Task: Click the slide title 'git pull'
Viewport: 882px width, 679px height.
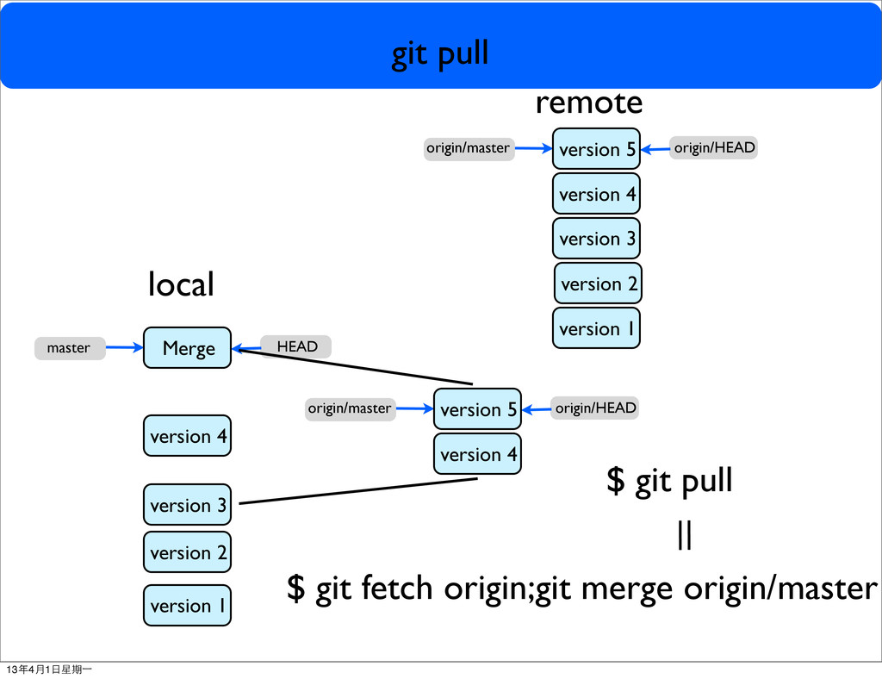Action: point(440,54)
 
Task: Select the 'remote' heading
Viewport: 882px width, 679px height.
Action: point(589,103)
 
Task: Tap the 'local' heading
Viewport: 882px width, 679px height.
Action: point(181,283)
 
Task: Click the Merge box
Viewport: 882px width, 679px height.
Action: point(188,348)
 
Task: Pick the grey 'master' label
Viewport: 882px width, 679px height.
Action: point(69,348)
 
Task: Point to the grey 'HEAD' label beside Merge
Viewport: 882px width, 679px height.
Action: point(296,346)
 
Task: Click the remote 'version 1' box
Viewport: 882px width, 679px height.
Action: point(596,328)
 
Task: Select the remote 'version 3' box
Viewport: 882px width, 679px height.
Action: point(596,239)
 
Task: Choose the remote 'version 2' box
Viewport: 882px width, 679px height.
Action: point(597,283)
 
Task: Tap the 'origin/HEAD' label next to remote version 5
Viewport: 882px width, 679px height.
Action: point(714,148)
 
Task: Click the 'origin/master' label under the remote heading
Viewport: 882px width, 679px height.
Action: point(469,148)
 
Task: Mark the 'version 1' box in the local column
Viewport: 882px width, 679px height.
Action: point(188,606)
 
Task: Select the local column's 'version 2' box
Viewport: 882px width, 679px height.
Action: point(188,552)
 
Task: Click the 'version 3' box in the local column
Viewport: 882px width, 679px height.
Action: point(188,505)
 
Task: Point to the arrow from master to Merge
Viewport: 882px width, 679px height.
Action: point(124,348)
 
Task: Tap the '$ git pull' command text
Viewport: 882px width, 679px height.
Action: point(669,481)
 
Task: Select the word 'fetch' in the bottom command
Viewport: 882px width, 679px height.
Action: point(398,589)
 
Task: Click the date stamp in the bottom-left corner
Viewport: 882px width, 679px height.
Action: point(49,670)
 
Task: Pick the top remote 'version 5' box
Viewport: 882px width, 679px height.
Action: point(596,149)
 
